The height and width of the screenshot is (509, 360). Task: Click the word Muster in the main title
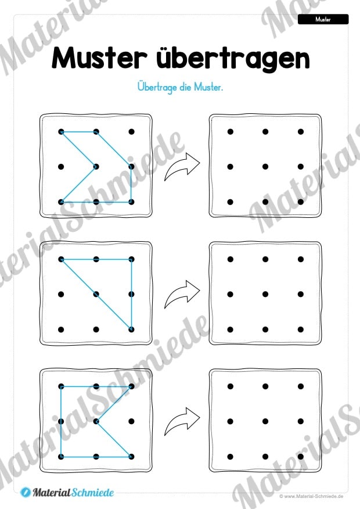[x=99, y=58]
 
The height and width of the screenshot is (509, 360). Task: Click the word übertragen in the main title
[x=233, y=59]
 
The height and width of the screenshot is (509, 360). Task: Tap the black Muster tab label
[x=323, y=20]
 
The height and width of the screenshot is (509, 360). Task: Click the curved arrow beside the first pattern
[x=182, y=167]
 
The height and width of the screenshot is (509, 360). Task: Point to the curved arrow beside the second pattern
[x=182, y=295]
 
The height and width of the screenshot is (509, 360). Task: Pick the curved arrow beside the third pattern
[x=182, y=422]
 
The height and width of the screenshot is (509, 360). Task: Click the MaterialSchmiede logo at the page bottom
[x=67, y=492]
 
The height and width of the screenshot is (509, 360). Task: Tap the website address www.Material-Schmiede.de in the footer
[x=311, y=496]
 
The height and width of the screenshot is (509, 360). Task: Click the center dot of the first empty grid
[x=265, y=167]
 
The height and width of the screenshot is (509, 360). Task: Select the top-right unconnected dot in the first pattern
[x=131, y=132]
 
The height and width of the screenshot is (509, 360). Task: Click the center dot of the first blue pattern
[x=96, y=167]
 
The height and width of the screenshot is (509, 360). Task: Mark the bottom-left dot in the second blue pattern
[x=61, y=329]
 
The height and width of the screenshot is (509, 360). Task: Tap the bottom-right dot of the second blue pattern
[x=131, y=329]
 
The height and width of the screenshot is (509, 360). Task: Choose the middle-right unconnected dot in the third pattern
[x=131, y=421]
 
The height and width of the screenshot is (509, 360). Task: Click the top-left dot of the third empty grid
[x=231, y=386]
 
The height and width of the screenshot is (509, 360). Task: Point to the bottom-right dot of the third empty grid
[x=301, y=457]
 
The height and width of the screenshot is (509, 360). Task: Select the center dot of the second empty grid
[x=265, y=295]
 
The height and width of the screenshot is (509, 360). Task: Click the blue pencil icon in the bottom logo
[x=26, y=493]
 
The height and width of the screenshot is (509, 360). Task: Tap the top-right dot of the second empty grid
[x=301, y=259]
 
